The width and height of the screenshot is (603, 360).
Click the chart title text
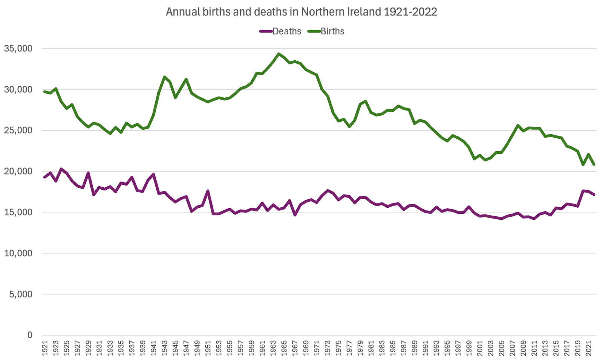[301, 12]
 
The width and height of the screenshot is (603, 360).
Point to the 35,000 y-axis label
[18, 49]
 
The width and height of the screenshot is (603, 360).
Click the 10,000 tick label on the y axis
[18, 253]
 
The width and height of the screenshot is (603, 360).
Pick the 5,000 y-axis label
[21, 294]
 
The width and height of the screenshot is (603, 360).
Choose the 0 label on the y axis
[30, 335]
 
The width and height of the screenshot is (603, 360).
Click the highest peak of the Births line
[279, 54]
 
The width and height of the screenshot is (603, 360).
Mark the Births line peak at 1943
[164, 77]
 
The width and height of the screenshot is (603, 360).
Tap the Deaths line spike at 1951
[208, 191]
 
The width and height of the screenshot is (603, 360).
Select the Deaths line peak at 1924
[61, 169]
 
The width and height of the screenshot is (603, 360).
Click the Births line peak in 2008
[518, 126]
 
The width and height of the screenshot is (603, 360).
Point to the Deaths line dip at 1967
[295, 215]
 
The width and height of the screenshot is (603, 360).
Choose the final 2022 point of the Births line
[594, 164]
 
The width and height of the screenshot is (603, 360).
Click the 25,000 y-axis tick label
[18, 130]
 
